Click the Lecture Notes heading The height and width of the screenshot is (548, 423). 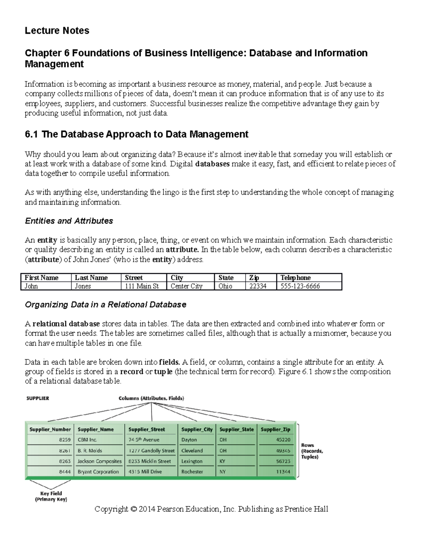(x=57, y=31)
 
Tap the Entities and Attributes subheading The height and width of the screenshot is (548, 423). (x=69, y=221)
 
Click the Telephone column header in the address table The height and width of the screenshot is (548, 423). (x=295, y=278)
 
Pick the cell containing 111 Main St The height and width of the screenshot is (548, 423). (x=142, y=286)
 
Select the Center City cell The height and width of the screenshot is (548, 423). (x=186, y=286)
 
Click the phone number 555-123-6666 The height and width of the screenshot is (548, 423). (x=300, y=286)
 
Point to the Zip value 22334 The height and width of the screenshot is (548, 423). (x=258, y=286)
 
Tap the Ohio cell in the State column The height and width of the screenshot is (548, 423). (x=225, y=286)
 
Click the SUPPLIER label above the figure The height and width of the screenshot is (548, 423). (x=38, y=398)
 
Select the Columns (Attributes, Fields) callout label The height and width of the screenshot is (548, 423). (x=151, y=398)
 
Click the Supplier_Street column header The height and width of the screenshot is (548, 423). (x=147, y=429)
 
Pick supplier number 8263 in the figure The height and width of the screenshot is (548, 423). (x=65, y=461)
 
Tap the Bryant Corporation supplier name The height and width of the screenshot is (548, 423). (x=98, y=472)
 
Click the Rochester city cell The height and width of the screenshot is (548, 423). (x=192, y=472)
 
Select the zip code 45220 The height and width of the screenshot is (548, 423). (x=283, y=440)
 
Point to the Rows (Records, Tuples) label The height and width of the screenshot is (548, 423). (x=312, y=451)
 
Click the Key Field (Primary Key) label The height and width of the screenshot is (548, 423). (x=51, y=496)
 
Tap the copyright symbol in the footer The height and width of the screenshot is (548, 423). (x=133, y=509)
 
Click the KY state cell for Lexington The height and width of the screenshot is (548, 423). (x=222, y=461)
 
